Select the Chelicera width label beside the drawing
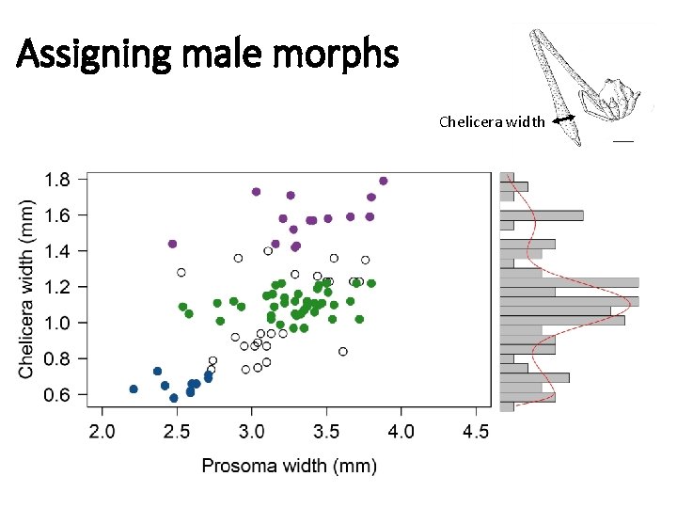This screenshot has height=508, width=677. coord(491,121)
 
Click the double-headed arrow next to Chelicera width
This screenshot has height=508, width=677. coord(564,119)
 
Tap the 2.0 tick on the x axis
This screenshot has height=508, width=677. coord(102,432)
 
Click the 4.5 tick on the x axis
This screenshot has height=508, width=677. coord(475,432)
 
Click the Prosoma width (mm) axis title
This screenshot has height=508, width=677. coord(289,466)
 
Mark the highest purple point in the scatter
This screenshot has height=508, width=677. coord(383,181)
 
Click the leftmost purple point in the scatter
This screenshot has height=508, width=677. coord(172,244)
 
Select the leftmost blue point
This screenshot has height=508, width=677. coord(134,389)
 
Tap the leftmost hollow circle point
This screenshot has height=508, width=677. coord(181,273)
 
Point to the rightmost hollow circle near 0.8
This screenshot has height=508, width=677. coord(343,351)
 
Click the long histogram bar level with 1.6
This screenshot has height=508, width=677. coord(541,215)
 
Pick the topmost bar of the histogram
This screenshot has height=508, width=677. coord(507,176)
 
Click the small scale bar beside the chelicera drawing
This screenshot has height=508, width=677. coord(622,140)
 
